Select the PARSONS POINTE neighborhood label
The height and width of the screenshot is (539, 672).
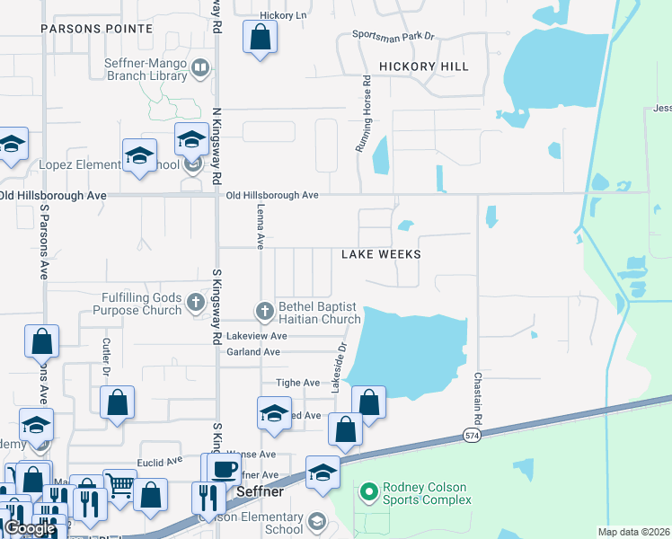point(96,29)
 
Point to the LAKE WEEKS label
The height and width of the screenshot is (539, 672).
point(381,254)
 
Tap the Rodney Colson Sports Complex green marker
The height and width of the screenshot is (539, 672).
point(367,491)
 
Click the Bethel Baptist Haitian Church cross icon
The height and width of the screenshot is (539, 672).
point(264,311)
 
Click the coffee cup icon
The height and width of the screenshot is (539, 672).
point(225,469)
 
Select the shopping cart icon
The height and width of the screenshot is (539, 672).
point(119,485)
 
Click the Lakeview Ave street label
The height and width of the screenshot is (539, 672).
point(256,335)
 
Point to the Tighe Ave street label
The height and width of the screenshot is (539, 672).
point(298,383)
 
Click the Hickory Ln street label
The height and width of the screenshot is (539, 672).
point(283,15)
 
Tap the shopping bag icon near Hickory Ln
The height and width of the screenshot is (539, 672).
point(260,38)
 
